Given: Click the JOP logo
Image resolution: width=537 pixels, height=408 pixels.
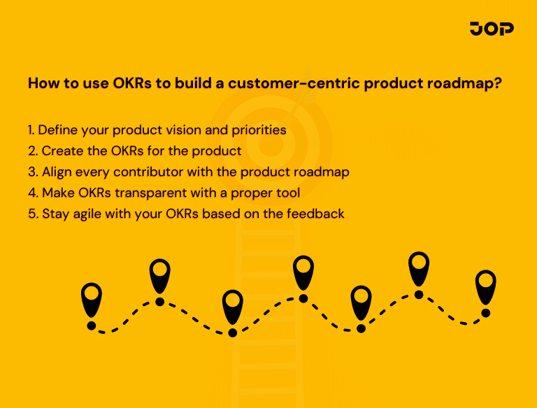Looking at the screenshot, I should pos(492,29).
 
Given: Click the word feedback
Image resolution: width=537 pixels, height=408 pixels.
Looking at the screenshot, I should pos(316,214).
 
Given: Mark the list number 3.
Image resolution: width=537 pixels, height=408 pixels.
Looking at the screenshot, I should pos(32,172).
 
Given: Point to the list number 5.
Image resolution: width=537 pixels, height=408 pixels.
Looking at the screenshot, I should pos(32,214).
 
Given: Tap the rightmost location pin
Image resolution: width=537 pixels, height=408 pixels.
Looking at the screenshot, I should pos(485,286).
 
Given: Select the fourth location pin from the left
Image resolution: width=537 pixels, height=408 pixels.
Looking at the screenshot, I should pos(303,271).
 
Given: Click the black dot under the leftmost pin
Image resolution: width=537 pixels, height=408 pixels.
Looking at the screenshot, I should pos(92,326).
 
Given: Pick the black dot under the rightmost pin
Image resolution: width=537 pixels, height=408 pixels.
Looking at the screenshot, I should pos(485,313).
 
